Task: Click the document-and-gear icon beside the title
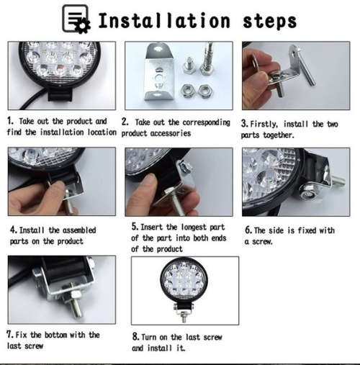coord(76,19)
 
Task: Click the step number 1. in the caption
coord(10,122)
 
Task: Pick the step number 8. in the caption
coord(135,336)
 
